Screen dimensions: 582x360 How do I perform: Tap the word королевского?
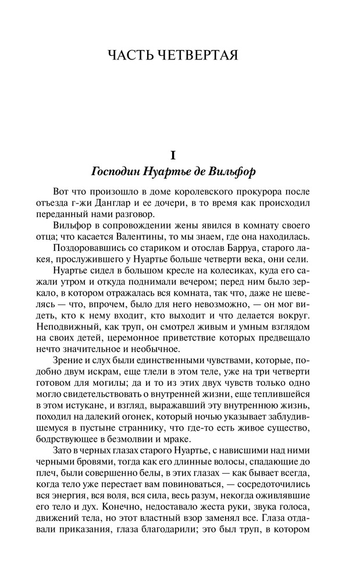(201, 192)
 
